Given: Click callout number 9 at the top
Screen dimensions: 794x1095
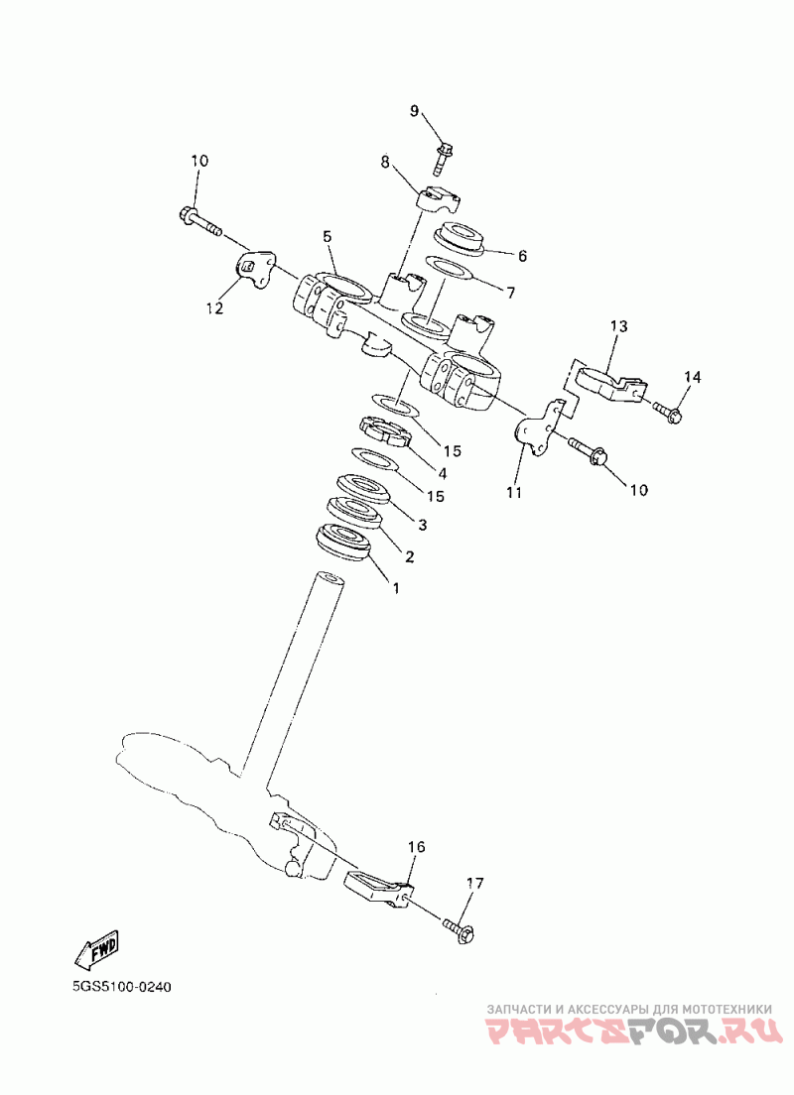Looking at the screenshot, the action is (x=415, y=111).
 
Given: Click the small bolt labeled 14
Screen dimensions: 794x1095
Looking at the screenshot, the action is (x=668, y=412).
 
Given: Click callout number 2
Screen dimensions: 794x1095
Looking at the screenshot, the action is (x=408, y=556).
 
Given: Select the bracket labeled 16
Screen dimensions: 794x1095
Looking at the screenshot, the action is (x=378, y=885).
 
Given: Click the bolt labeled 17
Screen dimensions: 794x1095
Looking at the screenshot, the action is (x=460, y=929).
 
